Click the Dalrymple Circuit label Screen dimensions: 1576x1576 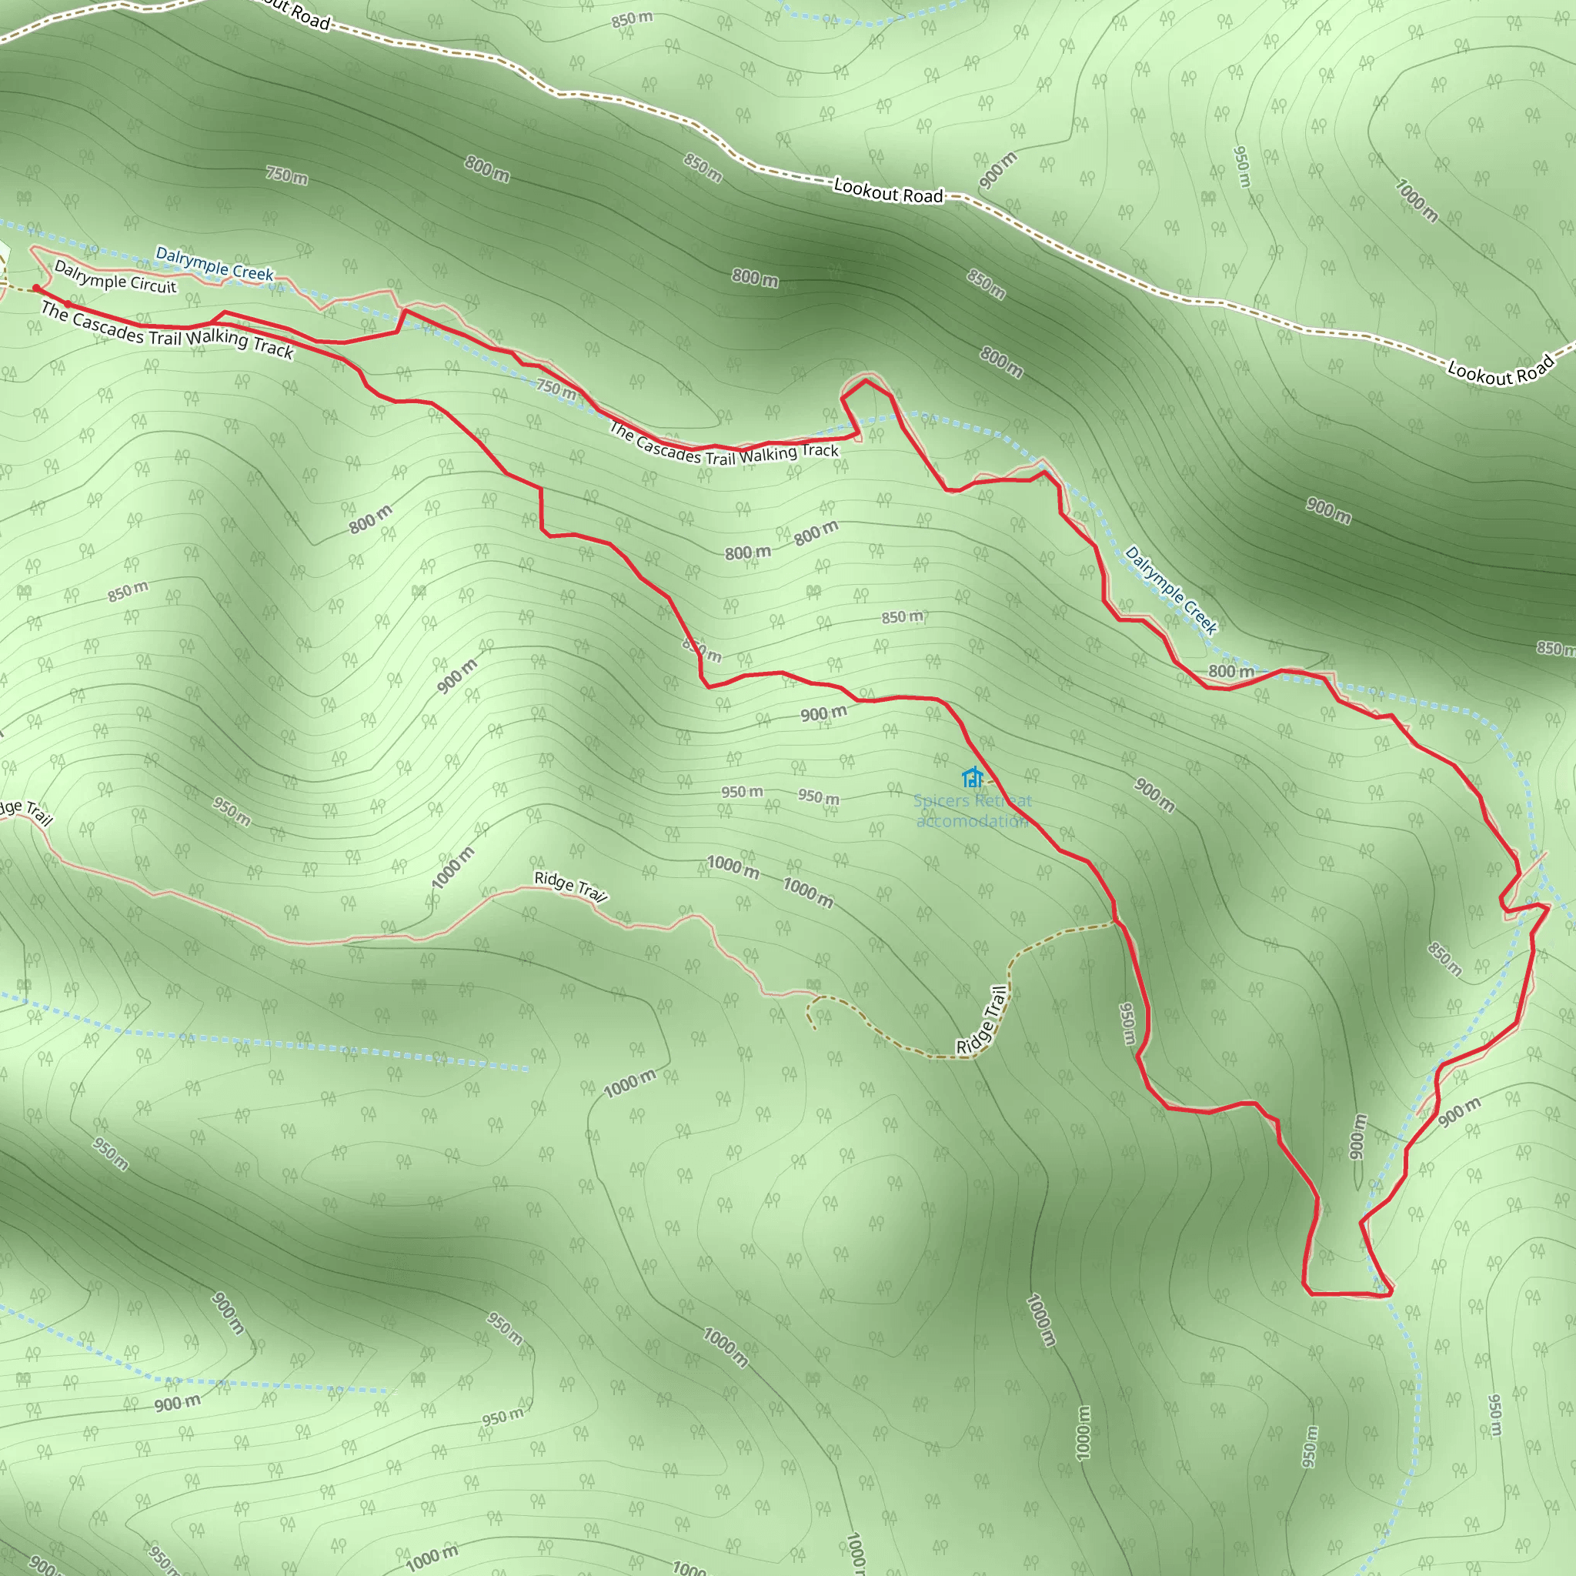coord(115,276)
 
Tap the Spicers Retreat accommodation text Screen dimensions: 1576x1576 coord(973,811)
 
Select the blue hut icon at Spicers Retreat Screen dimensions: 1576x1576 coord(972,777)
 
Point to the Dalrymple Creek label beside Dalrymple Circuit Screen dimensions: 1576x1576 coord(215,263)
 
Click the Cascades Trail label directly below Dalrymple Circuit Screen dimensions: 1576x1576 coord(166,330)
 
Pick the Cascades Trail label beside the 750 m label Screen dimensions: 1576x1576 coord(723,445)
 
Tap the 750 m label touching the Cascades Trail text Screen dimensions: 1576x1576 coord(556,389)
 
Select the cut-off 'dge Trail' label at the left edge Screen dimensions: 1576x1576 coord(25,812)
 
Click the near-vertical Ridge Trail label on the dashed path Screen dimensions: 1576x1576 coord(982,1020)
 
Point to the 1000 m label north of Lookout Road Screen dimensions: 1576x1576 coord(1416,201)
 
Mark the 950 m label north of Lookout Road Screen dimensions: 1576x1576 coord(1241,166)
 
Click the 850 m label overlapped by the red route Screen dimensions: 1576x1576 coord(703,651)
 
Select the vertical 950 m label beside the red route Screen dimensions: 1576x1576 coord(1127,1023)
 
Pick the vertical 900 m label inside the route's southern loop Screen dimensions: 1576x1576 coord(1357,1137)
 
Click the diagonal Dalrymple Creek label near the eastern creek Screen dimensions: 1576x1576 coord(1170,589)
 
